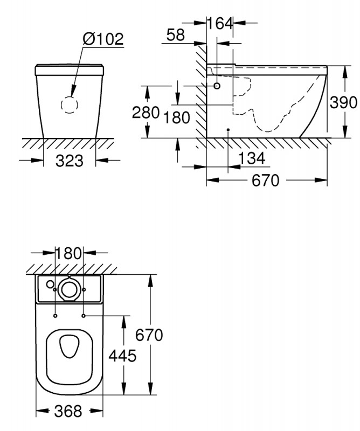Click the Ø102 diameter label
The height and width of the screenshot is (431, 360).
coord(103,39)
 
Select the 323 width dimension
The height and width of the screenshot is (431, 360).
coord(70,161)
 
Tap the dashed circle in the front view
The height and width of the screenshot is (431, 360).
coord(70,105)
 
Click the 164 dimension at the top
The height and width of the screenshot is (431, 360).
coord(220,23)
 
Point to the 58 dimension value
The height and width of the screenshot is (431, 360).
coord(176,35)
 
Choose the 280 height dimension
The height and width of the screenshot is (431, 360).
coord(146,112)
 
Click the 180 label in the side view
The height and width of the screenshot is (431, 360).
coord(177,117)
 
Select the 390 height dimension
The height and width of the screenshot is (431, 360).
coord(343,102)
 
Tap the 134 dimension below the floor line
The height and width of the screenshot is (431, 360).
coord(252,158)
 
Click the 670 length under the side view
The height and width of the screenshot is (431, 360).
coord(265,180)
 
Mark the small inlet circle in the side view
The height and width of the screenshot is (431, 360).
coord(217,86)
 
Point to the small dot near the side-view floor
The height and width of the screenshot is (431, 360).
coord(228,129)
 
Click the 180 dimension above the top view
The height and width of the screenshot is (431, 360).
coord(68,253)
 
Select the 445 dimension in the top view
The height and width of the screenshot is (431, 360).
coord(122,356)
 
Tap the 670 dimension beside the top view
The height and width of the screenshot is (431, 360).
coord(149,335)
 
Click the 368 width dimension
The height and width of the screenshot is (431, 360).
coord(68,411)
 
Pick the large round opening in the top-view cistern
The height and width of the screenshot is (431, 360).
coord(70,289)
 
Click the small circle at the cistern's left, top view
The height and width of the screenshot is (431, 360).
coord(50,284)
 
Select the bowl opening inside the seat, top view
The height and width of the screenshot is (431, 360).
coord(70,346)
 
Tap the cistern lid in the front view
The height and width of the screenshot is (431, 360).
coord(70,70)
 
